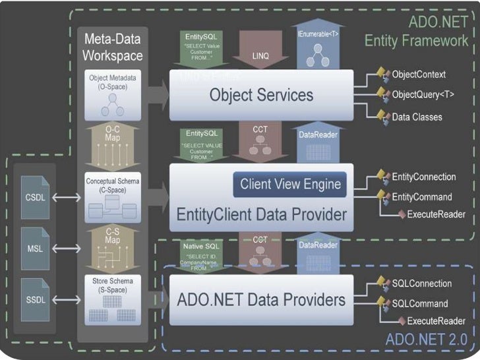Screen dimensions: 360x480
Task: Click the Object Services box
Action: pyautogui.click(x=262, y=96)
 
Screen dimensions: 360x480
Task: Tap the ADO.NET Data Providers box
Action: pyautogui.click(x=262, y=300)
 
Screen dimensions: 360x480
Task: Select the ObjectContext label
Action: pyautogui.click(x=419, y=75)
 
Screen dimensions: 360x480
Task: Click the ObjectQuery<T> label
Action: pyautogui.click(x=423, y=94)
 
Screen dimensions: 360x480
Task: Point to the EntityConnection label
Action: pyautogui.click(x=423, y=177)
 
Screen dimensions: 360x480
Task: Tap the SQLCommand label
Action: pyautogui.click(x=420, y=304)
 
